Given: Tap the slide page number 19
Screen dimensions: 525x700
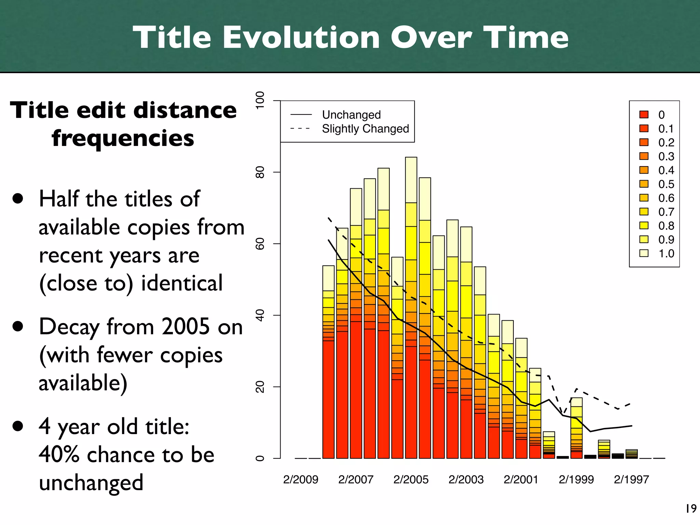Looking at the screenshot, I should (x=691, y=509).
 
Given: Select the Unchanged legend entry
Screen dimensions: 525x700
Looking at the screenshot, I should (x=351, y=115).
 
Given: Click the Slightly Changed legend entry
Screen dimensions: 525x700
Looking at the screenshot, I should (x=365, y=129).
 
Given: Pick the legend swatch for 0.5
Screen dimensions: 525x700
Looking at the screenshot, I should (x=644, y=184).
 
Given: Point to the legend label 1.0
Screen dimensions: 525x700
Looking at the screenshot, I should (x=666, y=254).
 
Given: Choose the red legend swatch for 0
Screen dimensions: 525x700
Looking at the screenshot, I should (x=644, y=115).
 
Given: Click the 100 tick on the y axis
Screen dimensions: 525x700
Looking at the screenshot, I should (x=260, y=100).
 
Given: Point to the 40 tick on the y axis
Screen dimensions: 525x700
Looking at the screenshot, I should (x=260, y=315).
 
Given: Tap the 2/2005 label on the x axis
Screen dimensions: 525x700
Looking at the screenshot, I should (x=410, y=480).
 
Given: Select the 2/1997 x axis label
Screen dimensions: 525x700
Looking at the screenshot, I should (x=631, y=480).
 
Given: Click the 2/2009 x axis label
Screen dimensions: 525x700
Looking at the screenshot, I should (x=300, y=480).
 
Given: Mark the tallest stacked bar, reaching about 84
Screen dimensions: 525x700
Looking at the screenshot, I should (x=411, y=308).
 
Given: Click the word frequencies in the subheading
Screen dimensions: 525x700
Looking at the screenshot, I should (x=123, y=138).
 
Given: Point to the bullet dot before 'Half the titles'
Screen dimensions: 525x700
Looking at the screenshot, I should (x=17, y=199).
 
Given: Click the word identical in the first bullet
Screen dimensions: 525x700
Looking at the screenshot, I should (x=182, y=283).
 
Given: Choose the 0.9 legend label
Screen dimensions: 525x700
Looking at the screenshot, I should (x=666, y=240).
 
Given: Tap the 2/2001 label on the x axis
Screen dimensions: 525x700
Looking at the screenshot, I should (x=521, y=480).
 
